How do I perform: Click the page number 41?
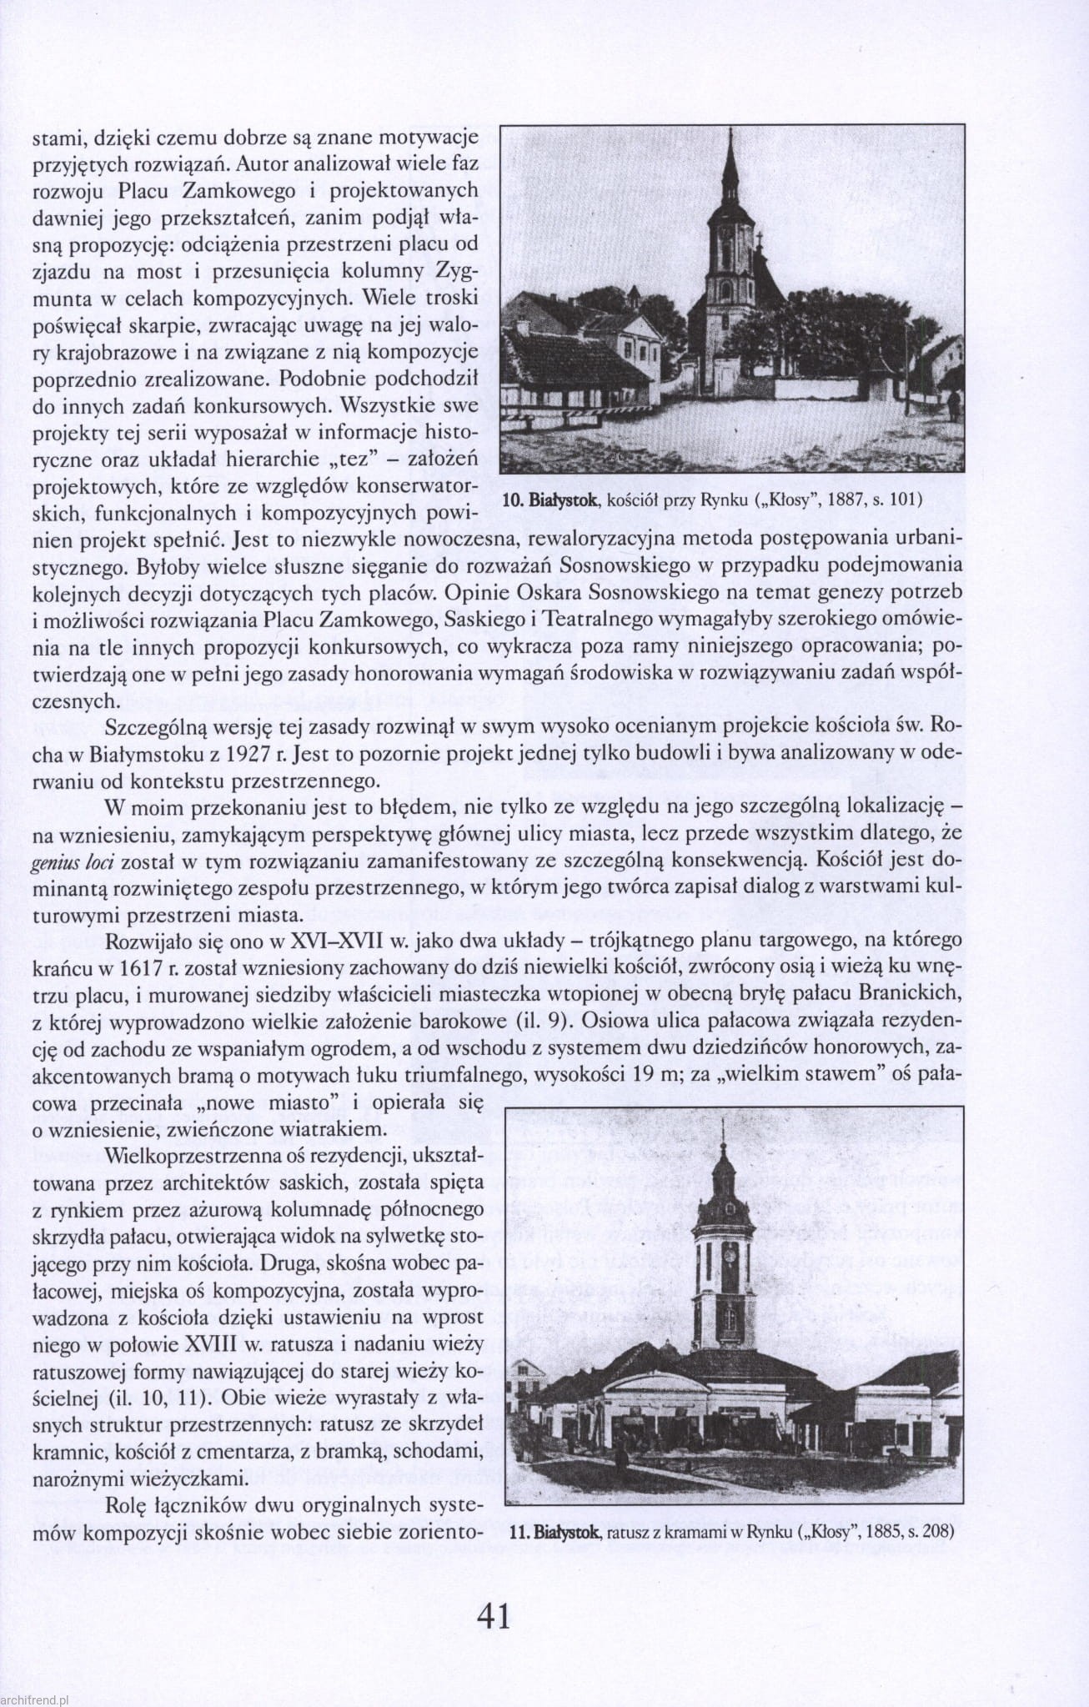[x=494, y=1616]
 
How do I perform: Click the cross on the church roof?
[x=760, y=238]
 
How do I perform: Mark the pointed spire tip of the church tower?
[x=730, y=133]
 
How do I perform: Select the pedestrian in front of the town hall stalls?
[x=621, y=1455]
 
